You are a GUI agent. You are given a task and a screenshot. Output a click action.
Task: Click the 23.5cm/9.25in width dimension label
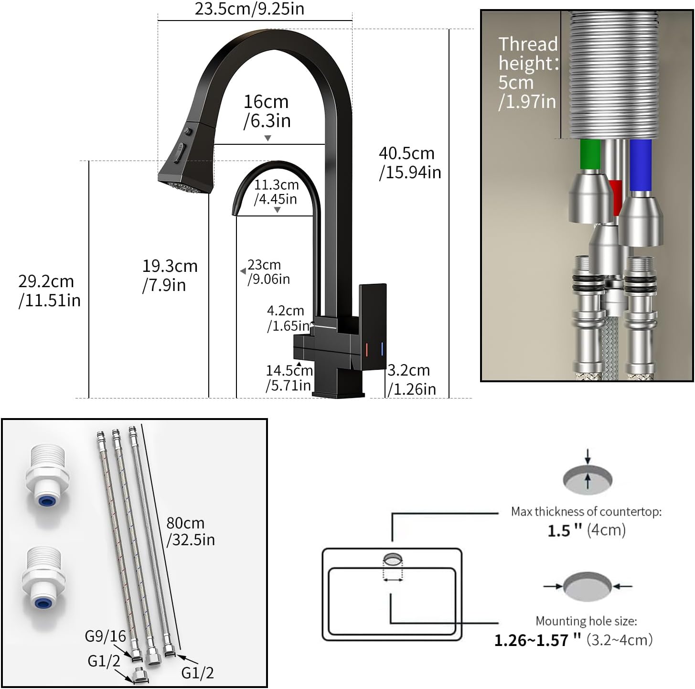249,9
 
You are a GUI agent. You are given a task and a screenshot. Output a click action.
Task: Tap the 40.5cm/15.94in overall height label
410,163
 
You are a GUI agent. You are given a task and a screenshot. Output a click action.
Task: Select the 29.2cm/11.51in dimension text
49,291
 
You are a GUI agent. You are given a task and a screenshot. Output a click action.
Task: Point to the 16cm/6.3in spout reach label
267,111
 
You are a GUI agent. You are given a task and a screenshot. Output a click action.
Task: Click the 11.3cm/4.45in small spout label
276,192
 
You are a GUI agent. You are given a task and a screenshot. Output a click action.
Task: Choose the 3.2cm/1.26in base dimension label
411,379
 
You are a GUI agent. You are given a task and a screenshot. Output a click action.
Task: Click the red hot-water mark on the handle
366,349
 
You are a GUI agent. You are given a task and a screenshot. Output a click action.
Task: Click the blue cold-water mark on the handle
382,349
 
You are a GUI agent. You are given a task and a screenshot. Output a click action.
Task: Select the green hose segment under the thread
590,154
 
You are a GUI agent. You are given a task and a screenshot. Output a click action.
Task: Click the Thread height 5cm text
528,73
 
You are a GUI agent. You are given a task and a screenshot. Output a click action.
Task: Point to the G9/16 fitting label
105,636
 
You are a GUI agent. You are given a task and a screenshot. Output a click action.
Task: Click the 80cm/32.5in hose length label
190,531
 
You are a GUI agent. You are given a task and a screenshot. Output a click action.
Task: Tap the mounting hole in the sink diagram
393,559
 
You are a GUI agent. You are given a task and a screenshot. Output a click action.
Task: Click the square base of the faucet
338,387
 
